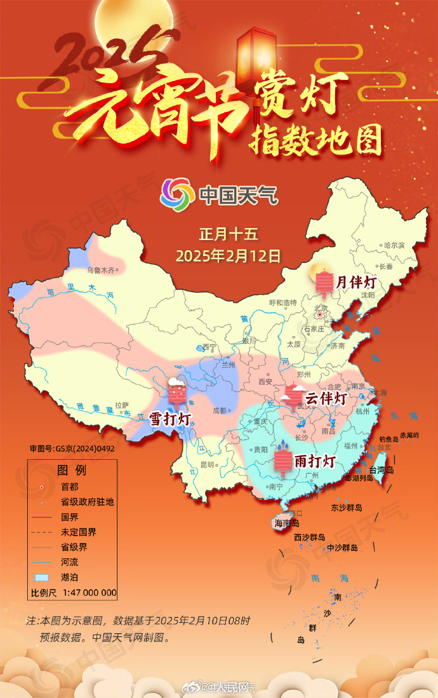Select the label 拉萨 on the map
point(122,404)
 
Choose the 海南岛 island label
point(287,523)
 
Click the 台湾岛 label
point(382,470)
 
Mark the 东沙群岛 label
point(346,507)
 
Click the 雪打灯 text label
point(170,419)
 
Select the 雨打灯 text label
point(315,460)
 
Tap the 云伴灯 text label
point(326,399)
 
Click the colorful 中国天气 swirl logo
point(178,194)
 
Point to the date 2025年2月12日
point(229,256)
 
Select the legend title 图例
point(72,471)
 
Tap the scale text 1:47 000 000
point(89,593)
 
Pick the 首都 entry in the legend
point(70,487)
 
